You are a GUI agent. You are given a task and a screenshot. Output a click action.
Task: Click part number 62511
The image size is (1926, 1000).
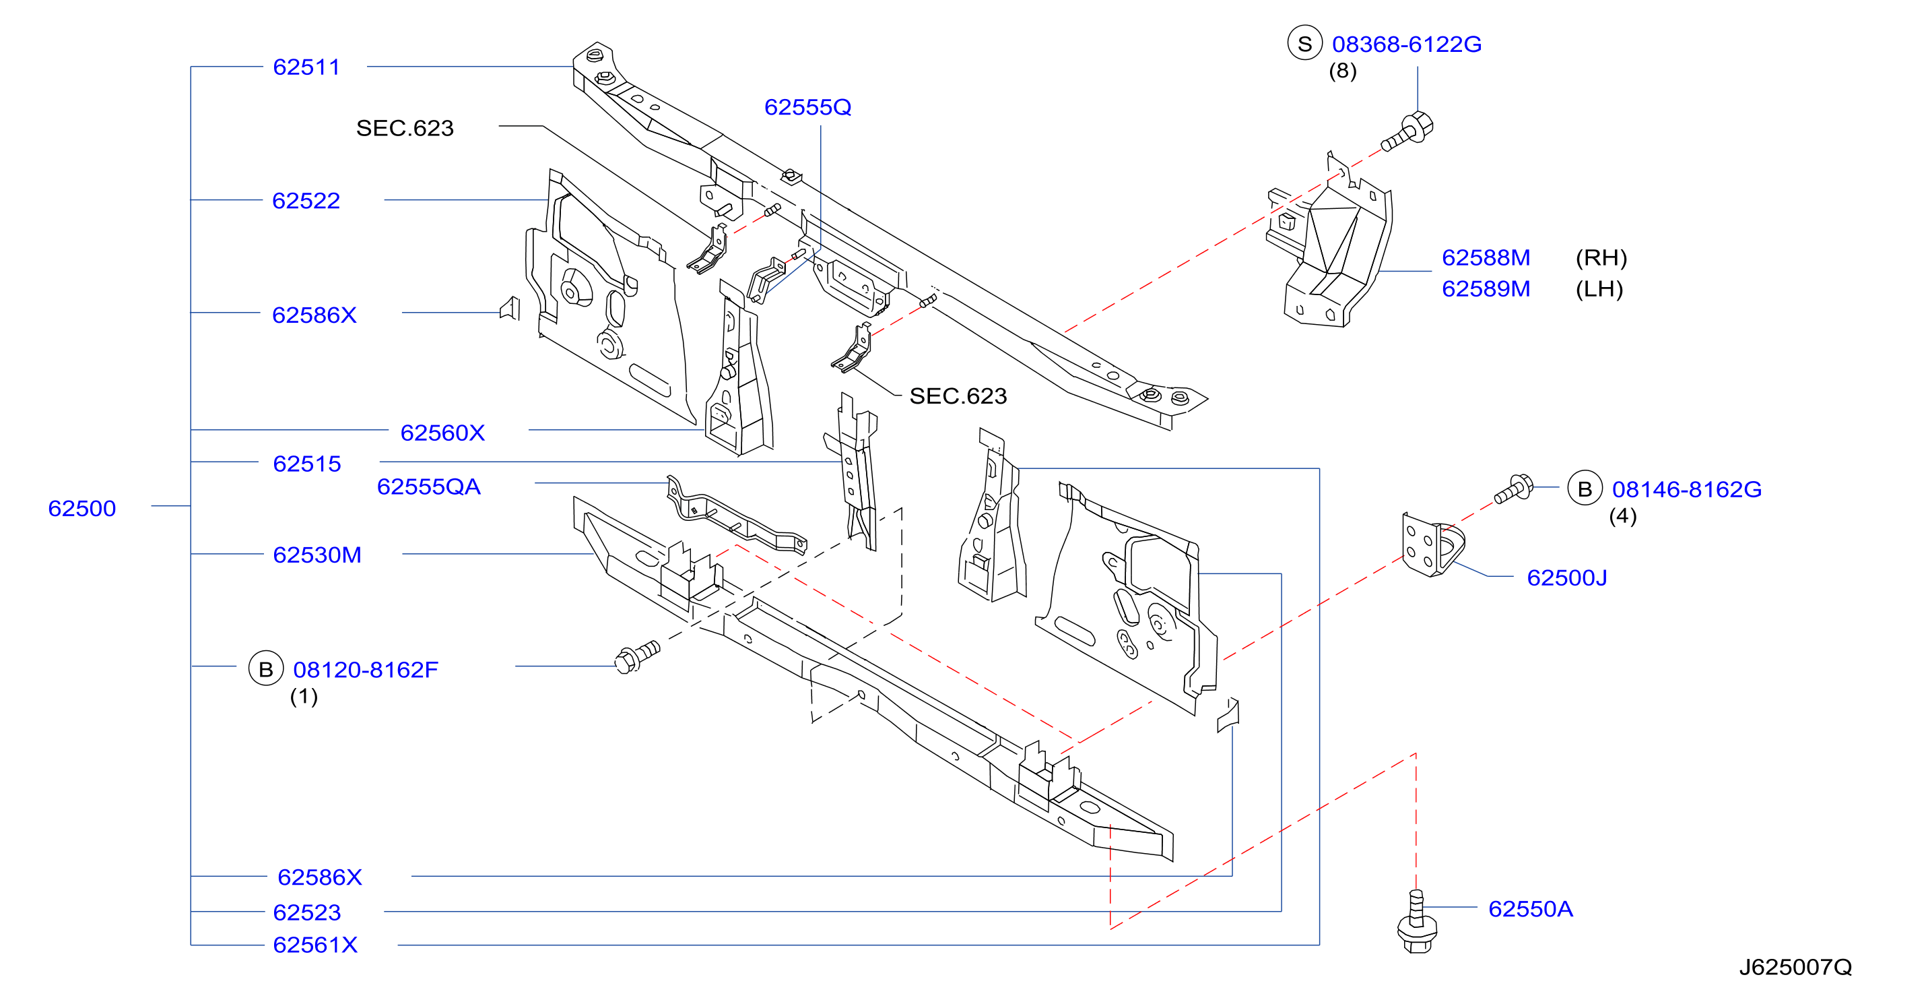point(306,67)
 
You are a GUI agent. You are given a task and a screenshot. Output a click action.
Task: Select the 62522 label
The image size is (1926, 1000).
point(306,200)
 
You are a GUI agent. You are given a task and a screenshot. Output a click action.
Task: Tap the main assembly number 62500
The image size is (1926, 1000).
point(82,509)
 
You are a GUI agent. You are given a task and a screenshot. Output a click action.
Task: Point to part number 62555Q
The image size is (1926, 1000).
point(807,107)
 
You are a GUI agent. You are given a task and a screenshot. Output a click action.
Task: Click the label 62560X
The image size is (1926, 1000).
point(442,433)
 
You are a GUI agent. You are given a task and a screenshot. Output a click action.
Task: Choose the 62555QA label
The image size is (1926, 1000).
point(428,487)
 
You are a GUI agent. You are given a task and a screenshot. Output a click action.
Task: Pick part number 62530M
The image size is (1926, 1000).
point(317,555)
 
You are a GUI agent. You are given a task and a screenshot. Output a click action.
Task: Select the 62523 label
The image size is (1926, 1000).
point(306,912)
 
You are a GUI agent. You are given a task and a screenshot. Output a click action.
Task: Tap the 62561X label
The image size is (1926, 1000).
point(316,945)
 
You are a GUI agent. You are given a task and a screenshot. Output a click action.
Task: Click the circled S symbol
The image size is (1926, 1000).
point(1304,44)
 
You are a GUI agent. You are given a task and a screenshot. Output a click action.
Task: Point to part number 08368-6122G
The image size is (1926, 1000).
point(1406,44)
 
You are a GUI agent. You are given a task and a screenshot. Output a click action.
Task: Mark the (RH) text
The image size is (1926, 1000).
point(1601,257)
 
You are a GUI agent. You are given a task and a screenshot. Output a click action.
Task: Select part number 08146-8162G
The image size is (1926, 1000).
point(1687,489)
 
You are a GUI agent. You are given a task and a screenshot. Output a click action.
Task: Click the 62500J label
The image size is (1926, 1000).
point(1566,577)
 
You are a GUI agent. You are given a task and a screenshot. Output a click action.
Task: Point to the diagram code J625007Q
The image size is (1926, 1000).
point(1795,967)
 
